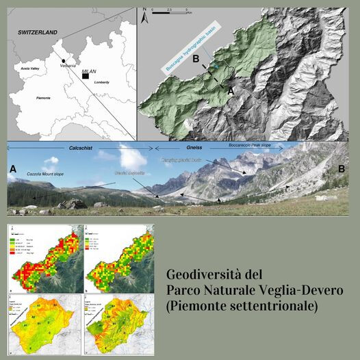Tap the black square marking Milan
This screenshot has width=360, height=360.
point(85,77)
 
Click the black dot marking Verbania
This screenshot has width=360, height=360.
point(63,61)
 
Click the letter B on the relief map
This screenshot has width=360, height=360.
point(196,60)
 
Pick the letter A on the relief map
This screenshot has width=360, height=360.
point(231,88)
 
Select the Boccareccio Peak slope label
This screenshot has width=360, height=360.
point(244,146)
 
